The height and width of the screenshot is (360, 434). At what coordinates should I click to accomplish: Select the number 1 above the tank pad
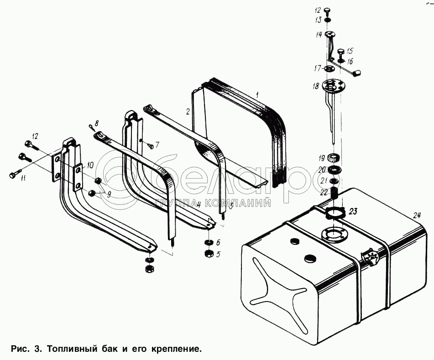257,95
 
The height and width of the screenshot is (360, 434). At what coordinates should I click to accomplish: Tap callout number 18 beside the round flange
315,86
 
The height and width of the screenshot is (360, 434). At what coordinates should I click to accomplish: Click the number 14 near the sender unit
318,34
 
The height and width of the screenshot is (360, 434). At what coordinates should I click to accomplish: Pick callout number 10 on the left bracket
90,164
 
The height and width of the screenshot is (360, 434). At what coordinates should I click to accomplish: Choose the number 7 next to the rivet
157,145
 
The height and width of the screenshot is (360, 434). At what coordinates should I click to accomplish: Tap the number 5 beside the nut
218,254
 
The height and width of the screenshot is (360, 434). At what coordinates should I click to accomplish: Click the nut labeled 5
208,253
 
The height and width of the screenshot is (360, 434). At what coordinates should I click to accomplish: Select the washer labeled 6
208,242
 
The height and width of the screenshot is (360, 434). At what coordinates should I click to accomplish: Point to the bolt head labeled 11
12,174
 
